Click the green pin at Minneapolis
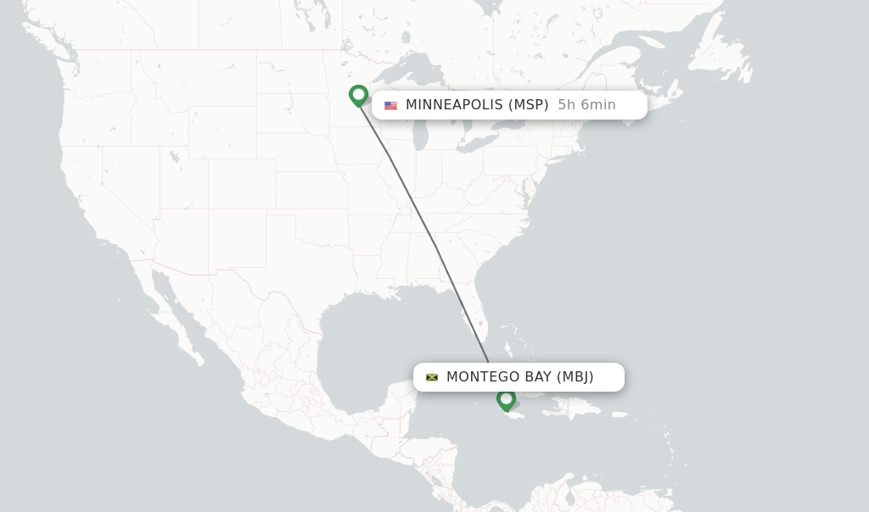click(x=358, y=95)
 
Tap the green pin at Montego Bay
click(x=507, y=398)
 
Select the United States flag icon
click(x=390, y=106)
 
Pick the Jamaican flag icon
click(x=432, y=377)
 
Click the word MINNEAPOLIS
click(x=453, y=105)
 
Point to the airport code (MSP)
click(x=528, y=105)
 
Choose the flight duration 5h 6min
click(x=586, y=105)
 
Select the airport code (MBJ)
click(x=575, y=377)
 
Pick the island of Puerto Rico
click(x=620, y=415)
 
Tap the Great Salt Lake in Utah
click(x=174, y=156)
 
